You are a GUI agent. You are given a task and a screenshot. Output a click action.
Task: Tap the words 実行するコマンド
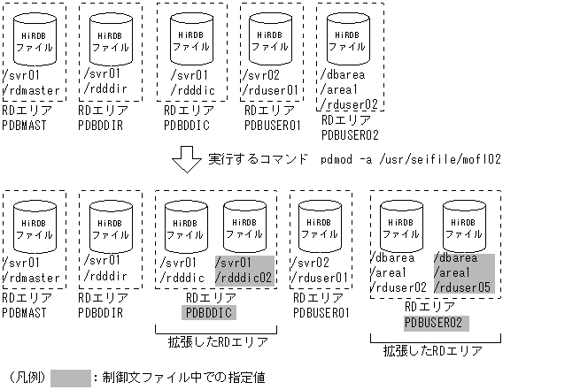[258, 160]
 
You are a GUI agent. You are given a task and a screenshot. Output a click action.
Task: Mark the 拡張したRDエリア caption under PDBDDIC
[218, 341]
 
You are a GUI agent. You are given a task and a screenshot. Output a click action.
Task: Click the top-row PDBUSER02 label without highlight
[350, 134]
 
